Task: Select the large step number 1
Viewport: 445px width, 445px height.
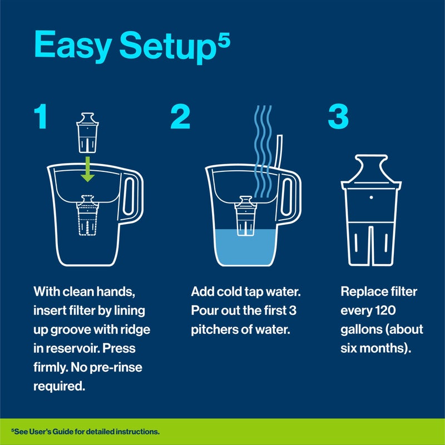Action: pos(41,117)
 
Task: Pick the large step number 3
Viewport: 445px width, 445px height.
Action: pos(338,117)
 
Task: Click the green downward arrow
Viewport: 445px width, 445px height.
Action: pos(86,169)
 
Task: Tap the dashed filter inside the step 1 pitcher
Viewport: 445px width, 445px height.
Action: pos(86,217)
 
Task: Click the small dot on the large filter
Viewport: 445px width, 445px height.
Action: pos(370,197)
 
